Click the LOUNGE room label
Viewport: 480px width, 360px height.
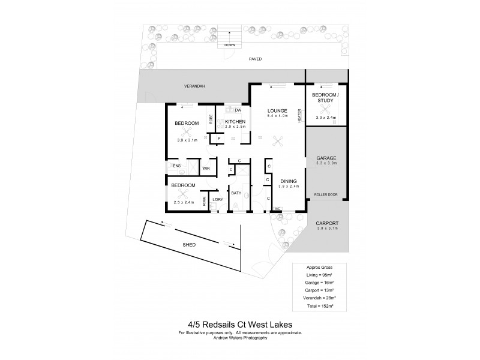tap(277, 111)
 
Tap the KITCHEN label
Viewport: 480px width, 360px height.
tap(236, 122)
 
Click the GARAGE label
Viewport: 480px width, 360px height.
tap(326, 157)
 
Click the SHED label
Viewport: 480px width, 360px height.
tap(190, 245)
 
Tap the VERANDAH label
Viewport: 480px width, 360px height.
tap(194, 86)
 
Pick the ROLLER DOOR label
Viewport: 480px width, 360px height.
tap(326, 195)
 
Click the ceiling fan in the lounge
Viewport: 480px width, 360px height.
tap(278, 140)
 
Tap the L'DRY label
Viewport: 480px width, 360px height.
tap(218, 199)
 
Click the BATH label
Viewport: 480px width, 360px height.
tap(236, 193)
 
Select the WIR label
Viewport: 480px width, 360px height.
tap(206, 168)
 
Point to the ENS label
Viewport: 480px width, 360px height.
tap(176, 165)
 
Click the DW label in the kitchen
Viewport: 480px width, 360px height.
tap(238, 110)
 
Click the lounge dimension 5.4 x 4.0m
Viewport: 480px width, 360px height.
tap(277, 117)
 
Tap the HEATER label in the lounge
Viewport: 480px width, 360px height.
tap(299, 116)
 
